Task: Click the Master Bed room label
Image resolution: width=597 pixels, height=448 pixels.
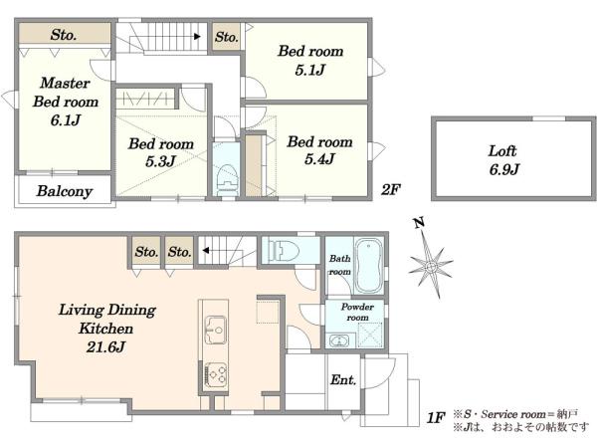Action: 66,93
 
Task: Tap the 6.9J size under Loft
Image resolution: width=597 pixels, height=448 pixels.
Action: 504,169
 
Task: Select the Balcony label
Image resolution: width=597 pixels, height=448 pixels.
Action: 65,191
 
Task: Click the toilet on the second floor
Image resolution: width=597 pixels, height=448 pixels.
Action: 227,180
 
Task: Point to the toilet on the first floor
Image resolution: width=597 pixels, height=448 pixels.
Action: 284,251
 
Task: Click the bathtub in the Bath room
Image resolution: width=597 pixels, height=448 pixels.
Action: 368,266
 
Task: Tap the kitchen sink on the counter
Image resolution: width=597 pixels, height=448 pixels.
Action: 216,330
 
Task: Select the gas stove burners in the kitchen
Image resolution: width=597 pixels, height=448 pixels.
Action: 216,375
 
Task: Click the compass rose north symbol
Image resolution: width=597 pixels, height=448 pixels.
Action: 431,265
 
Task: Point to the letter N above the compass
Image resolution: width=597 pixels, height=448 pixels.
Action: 419,222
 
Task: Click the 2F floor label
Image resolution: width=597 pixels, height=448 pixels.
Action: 391,189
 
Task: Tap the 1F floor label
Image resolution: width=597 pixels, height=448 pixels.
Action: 436,418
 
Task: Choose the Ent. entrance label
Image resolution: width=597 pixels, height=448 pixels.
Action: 343,380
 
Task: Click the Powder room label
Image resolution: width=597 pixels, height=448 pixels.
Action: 357,312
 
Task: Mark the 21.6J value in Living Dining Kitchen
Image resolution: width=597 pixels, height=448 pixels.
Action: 105,347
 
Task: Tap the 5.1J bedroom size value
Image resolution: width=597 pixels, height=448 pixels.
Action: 310,70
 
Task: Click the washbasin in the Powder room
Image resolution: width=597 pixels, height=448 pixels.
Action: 337,340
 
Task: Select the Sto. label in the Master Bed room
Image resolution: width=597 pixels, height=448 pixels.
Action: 64,35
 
